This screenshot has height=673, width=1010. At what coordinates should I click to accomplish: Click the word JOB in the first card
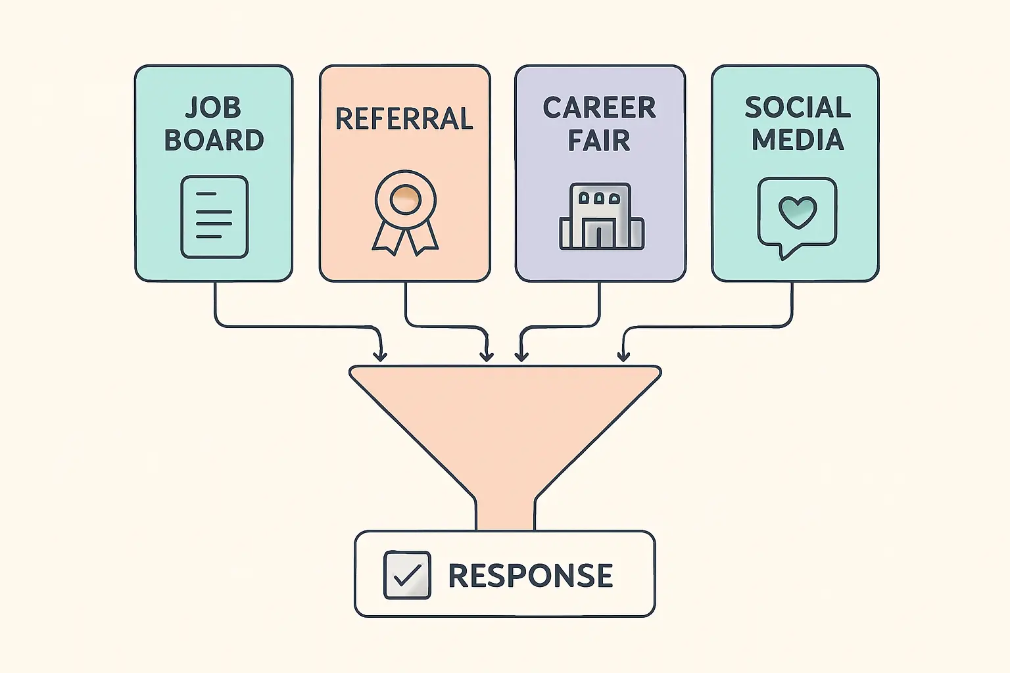pos(214,107)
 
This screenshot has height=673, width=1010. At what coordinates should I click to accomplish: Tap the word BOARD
pos(214,140)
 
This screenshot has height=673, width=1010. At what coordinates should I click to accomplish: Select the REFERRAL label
pos(404,118)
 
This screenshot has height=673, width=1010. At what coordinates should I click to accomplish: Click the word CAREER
pos(599,107)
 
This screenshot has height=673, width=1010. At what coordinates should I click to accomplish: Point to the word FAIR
pos(599,140)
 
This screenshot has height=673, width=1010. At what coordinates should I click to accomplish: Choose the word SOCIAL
pos(798,107)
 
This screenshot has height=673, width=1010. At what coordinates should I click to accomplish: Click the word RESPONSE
pos(531,575)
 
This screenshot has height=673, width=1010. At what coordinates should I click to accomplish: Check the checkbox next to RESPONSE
pos(407,575)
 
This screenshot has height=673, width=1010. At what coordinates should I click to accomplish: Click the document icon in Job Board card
pos(214,217)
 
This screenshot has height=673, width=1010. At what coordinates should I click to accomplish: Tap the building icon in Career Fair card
pos(602,216)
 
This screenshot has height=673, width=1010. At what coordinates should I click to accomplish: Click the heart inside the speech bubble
pos(798,212)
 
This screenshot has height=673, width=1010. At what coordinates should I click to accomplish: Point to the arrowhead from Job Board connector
pos(381,356)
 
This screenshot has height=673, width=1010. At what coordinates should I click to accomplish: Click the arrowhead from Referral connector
pos(486,356)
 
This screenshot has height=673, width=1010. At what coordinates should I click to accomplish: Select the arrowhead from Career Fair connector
pos(521,356)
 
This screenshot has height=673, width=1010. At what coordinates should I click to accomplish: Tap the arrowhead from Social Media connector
pos(623,356)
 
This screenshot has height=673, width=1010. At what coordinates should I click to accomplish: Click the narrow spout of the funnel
pos(505,514)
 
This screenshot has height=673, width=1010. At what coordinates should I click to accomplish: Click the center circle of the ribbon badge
pos(405,200)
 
